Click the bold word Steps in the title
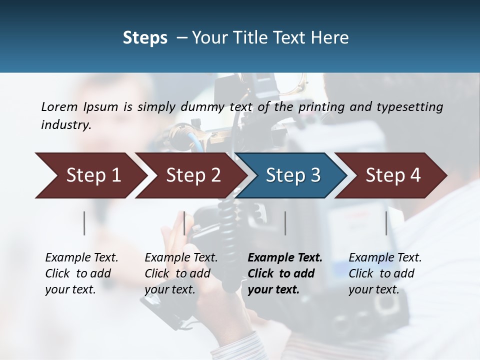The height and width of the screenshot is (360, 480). (145, 38)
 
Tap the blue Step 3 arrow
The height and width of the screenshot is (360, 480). (292, 175)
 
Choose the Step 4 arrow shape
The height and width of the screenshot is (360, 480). (392, 175)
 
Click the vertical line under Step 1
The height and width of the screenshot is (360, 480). (84, 223)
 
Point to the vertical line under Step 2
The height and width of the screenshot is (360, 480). (184, 223)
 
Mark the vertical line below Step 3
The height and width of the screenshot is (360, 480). (285, 223)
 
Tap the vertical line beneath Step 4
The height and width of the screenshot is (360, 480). (386, 223)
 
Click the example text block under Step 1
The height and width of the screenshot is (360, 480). (81, 273)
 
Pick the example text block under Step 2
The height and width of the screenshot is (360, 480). (181, 273)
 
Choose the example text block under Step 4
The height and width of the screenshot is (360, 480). (385, 273)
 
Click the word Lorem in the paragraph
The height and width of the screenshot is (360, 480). (59, 106)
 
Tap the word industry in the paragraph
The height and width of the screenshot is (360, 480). (65, 124)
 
